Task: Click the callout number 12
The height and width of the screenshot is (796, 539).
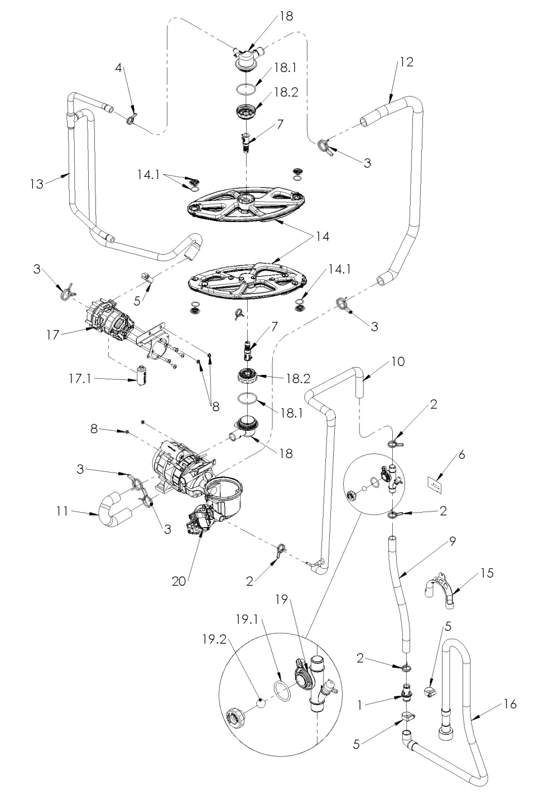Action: [406, 62]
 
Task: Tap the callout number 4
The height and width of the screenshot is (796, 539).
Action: [118, 68]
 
